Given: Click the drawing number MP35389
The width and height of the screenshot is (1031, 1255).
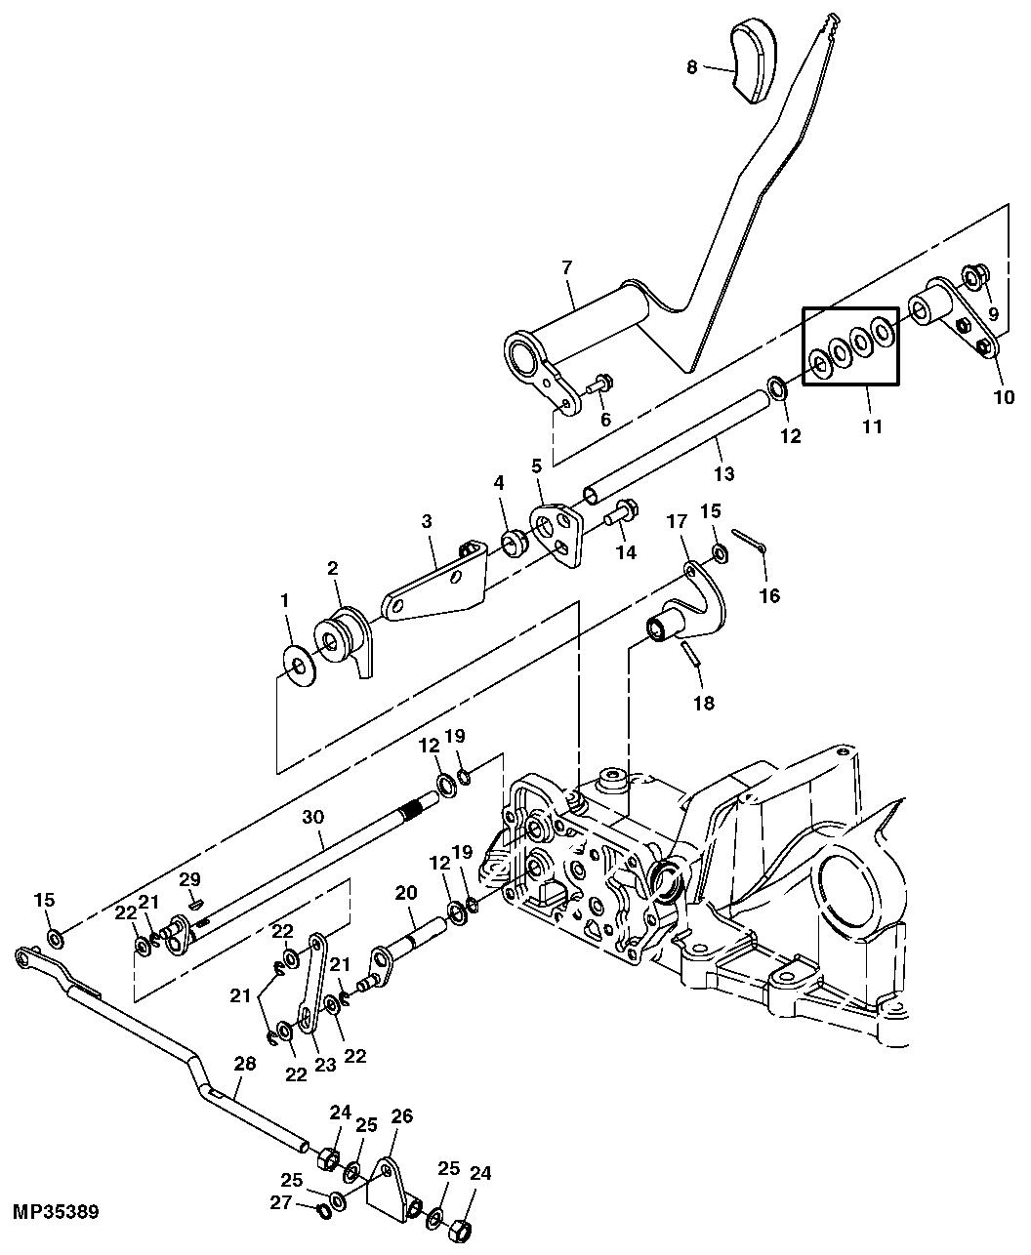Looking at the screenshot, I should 56,1212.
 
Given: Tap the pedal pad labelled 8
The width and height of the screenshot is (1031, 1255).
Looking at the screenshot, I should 754,61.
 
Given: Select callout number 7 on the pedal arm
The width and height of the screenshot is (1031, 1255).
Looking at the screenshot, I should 568,267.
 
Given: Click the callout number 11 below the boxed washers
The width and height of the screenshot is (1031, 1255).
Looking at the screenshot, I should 871,425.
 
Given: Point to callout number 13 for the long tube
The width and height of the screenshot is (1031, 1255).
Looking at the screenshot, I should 722,474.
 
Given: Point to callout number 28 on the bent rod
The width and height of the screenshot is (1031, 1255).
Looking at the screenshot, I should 244,1064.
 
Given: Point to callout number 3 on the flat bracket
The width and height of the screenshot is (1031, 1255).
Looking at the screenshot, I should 427,522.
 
